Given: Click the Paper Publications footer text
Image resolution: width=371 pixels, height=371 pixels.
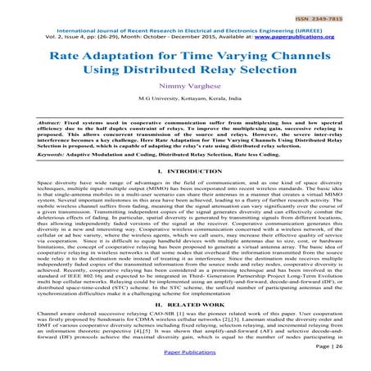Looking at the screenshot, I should click(x=184, y=360).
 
